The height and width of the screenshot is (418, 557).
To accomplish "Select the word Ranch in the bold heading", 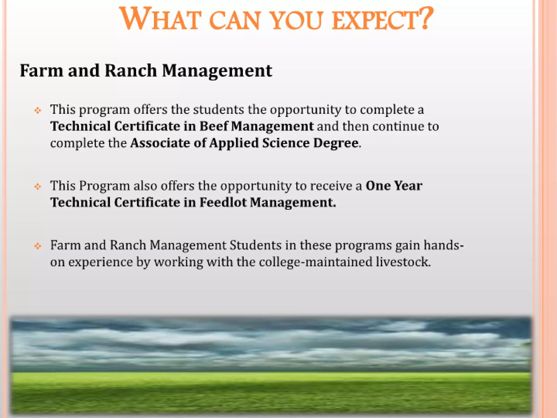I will [131, 71].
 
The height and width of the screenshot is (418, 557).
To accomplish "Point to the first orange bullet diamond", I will [38, 110].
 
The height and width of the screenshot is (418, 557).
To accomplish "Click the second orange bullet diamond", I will [38, 187].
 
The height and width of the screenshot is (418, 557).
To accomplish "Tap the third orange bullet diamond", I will [38, 246].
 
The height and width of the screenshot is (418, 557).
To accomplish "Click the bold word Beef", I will [213, 126].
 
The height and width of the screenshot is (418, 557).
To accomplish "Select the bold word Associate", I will [160, 143].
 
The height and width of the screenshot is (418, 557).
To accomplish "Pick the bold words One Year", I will [394, 186].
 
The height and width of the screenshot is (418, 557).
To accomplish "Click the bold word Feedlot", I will [223, 202].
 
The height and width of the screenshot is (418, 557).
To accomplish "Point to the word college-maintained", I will [315, 262].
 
